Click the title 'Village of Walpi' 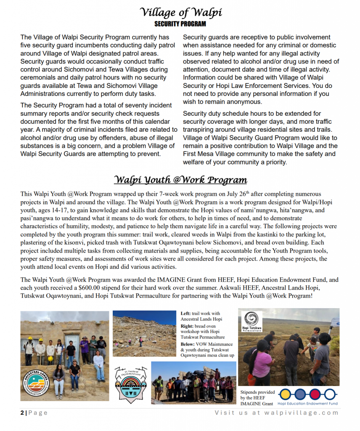[x=180, y=12]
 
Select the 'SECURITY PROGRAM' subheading [x=180, y=24]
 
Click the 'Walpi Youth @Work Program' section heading [x=180, y=180]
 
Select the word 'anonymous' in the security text [x=244, y=102]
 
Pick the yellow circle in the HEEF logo [x=285, y=394]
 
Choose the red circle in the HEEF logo [x=315, y=394]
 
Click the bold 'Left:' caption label [x=185, y=314]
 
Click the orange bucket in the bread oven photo [x=251, y=379]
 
